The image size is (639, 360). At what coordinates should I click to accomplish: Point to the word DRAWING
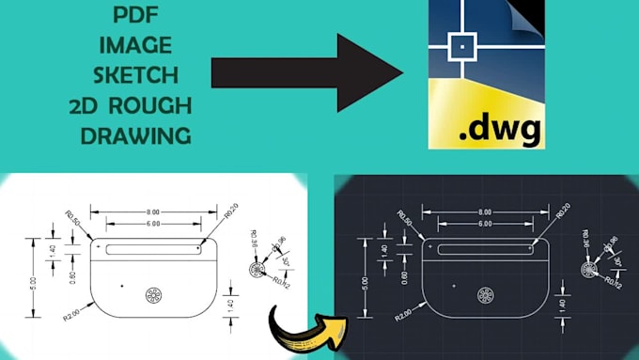click(136, 134)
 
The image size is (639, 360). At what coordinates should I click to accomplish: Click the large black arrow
click(305, 73)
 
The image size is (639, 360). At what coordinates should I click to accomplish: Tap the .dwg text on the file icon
click(485, 129)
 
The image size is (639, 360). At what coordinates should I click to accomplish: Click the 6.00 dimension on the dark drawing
click(483, 224)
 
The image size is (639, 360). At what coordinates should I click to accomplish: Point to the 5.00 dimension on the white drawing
click(32, 281)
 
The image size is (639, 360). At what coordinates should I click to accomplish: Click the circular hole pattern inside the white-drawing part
click(153, 296)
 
